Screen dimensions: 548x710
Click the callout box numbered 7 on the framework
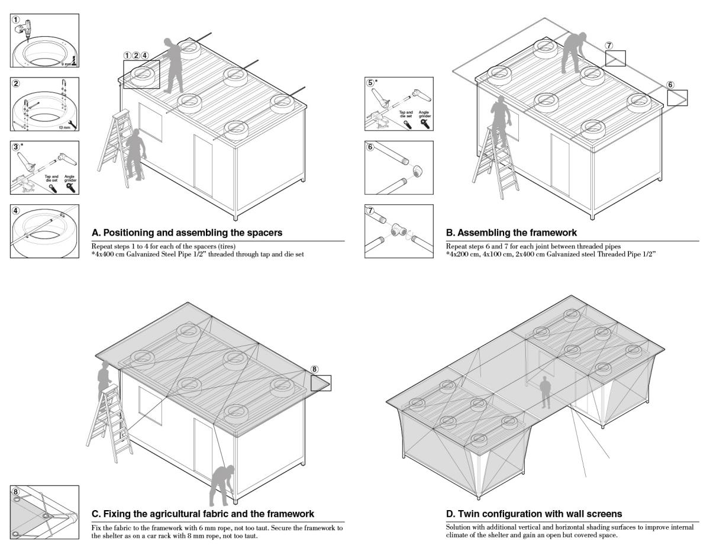[x=615, y=58]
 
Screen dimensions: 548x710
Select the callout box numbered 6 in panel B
[x=677, y=98]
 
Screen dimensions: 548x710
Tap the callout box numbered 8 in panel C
[x=321, y=383]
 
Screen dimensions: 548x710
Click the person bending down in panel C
[x=223, y=473]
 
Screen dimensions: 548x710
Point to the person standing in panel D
[x=546, y=394]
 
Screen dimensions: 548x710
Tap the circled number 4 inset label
[x=17, y=211]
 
